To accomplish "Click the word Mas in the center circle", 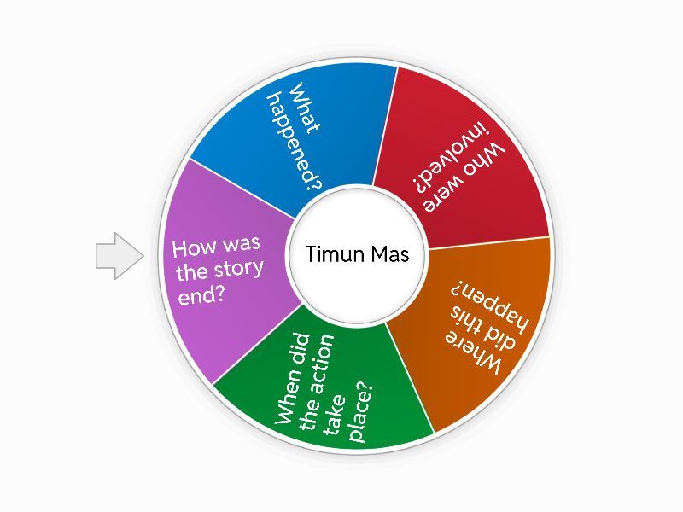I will pos(388,254).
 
